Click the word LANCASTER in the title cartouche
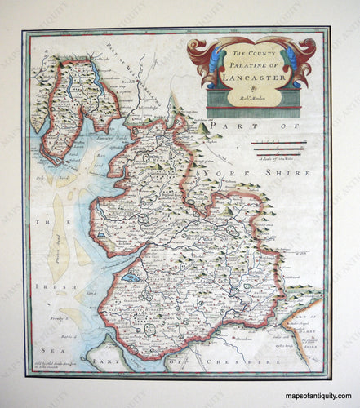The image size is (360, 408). tap(249, 81)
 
